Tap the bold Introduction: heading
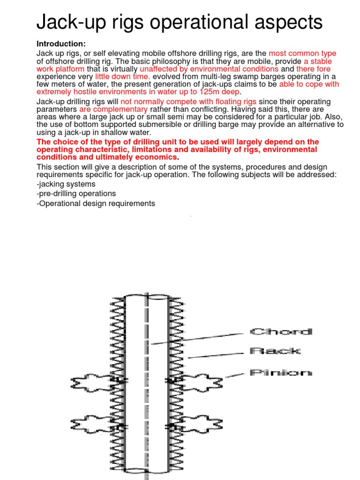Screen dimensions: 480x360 [x=61, y=44]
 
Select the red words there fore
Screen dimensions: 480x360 [x=313, y=69]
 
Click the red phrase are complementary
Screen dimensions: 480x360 [x=110, y=109]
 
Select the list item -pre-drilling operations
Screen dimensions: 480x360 [x=76, y=193]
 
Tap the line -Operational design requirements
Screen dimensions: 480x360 [x=96, y=203]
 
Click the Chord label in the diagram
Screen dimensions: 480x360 [x=280, y=332]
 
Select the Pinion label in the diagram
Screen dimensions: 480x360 [x=280, y=373]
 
